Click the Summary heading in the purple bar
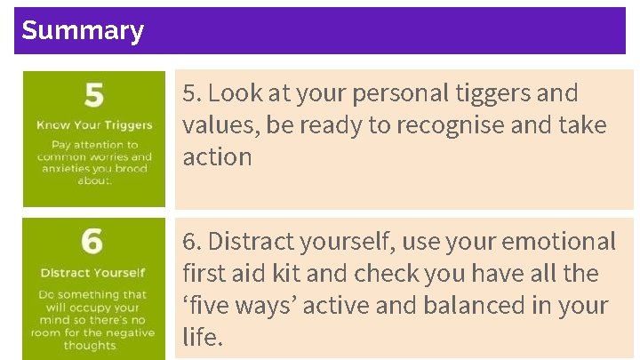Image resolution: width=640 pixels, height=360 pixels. pyautogui.click(x=83, y=31)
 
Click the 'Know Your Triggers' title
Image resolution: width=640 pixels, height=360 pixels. pyautogui.click(x=94, y=125)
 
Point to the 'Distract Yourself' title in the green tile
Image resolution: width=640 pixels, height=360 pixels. pyautogui.click(x=92, y=272)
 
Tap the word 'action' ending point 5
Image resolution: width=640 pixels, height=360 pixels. pyautogui.click(x=218, y=157)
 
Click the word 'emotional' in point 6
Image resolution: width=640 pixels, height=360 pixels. pyautogui.click(x=559, y=242)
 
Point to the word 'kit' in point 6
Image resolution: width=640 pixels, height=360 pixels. pyautogui.click(x=300, y=274)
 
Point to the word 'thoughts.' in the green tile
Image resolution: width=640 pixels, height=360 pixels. pyautogui.click(x=90, y=346)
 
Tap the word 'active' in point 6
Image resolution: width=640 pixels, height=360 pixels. pyautogui.click(x=348, y=306)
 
